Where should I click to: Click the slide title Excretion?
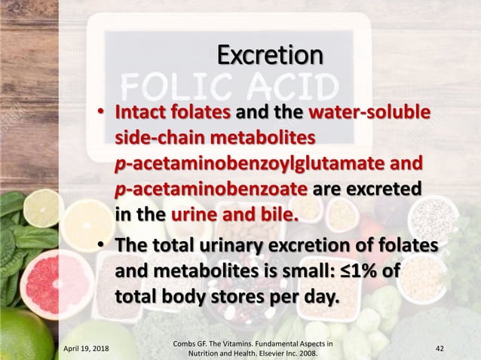pos(268,56)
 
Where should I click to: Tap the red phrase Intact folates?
pos(172,114)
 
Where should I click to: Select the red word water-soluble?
pos(367,114)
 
